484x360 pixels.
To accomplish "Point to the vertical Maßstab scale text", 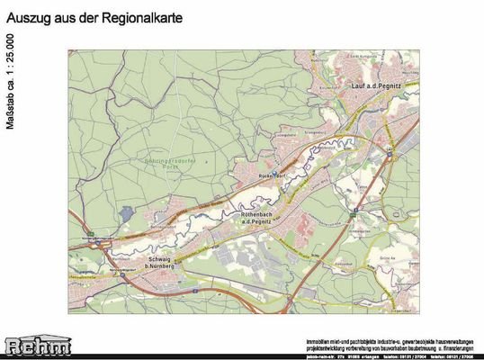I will click(10, 82).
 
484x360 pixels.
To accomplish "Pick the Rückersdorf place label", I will click(272, 175).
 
